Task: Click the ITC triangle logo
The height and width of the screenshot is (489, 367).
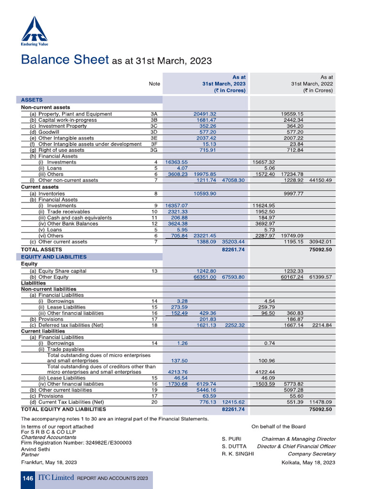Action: (x=34, y=30)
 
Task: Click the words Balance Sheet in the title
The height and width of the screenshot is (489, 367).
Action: (x=65, y=60)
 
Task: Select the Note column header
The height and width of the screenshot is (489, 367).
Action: (x=154, y=84)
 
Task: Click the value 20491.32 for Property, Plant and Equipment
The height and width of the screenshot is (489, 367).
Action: (x=205, y=114)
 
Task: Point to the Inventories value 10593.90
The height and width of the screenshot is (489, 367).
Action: (x=205, y=193)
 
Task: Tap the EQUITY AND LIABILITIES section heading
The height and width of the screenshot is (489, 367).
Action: (x=54, y=256)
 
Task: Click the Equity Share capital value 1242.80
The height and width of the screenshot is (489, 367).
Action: (x=206, y=271)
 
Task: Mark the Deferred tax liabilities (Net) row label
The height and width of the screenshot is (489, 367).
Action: (x=71, y=325)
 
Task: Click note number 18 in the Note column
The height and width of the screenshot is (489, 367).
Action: (x=154, y=325)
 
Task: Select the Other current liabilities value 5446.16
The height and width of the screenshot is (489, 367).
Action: (x=206, y=390)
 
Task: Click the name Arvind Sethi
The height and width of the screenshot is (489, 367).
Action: (x=36, y=449)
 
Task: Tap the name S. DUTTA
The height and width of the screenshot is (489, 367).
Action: (x=234, y=446)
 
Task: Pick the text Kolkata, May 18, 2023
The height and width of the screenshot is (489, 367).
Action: (x=308, y=462)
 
